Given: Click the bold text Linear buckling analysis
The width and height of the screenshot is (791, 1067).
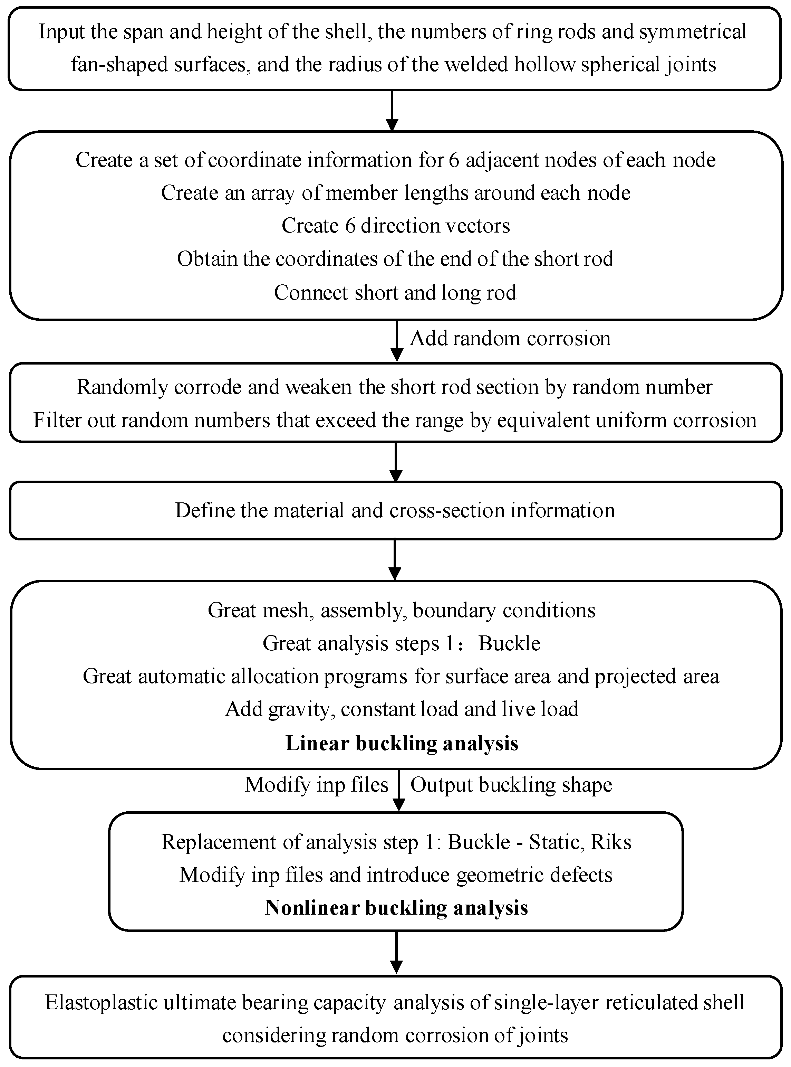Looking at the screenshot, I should coord(402,743).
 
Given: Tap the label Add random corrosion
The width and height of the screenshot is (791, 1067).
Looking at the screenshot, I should coord(510,338).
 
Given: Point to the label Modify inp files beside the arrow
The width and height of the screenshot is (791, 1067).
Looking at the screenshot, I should coord(317,785).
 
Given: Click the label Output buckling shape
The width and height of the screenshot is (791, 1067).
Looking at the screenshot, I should coord(511,785).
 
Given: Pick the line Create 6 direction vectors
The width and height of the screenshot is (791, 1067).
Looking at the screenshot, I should coord(396,226).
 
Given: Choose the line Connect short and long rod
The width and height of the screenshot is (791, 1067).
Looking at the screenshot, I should coord(395,292).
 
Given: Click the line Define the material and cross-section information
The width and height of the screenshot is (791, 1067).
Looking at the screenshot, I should coord(395,510).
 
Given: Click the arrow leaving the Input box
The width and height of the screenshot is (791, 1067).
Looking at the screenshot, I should coord(392,111).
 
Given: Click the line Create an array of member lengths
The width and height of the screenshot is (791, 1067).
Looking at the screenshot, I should coord(396,192).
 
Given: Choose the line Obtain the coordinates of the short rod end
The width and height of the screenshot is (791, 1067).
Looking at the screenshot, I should coord(395,259).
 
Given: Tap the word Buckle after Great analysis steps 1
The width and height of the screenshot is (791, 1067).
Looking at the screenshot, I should coord(509,643).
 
